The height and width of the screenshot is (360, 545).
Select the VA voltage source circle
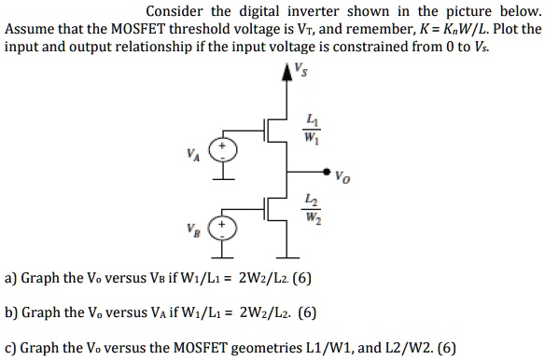tap(222, 149)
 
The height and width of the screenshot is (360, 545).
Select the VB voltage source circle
tap(222, 228)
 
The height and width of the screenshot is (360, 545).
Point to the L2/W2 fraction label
tap(311, 212)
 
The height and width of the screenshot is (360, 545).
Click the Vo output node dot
tap(326, 173)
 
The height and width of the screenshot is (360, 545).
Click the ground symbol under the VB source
tap(222, 255)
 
